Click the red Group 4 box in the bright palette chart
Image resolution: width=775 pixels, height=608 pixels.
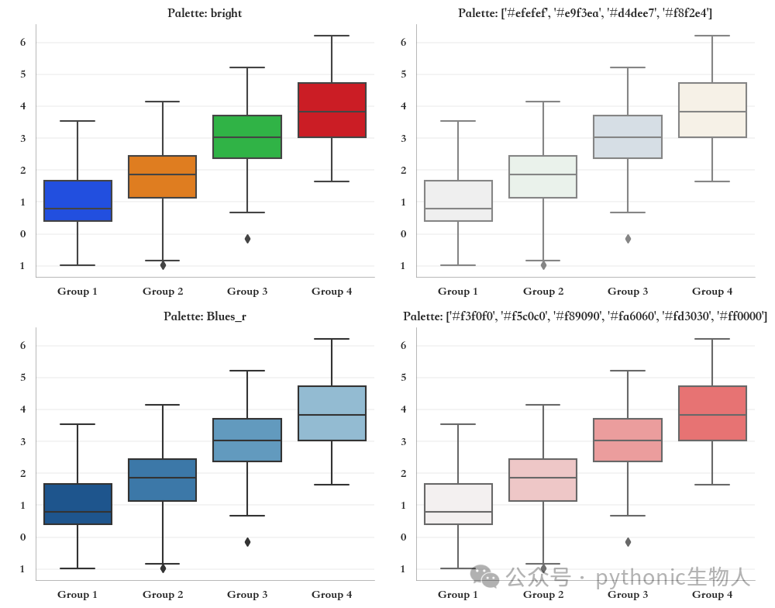pos(332,110)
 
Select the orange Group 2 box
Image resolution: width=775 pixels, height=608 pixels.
pos(163,177)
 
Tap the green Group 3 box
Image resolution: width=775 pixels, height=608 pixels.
pos(247,136)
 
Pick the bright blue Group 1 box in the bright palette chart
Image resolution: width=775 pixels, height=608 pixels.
pos(78,200)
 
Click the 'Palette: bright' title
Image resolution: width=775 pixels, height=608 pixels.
pos(205,13)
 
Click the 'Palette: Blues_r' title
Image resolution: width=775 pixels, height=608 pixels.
pos(205,316)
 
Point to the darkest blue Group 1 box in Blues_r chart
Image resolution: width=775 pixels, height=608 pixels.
pos(78,503)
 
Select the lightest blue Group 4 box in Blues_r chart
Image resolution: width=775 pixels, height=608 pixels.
pos(332,413)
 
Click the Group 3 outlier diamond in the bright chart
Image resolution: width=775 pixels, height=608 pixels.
pos(248,239)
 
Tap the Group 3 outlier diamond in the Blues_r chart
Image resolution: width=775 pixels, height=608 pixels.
pos(248,542)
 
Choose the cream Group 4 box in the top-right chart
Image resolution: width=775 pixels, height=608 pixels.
pos(713,110)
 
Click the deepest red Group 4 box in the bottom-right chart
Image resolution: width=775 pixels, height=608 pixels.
pos(713,413)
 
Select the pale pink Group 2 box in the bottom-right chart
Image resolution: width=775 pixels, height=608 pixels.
pos(543,480)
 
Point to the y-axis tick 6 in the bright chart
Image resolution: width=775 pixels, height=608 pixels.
pos(22,42)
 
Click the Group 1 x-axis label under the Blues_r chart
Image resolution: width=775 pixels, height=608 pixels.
pos(77,594)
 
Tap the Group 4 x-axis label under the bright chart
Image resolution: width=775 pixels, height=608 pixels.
pos(332,291)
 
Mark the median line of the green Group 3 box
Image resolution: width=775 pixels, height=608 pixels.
pos(247,137)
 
